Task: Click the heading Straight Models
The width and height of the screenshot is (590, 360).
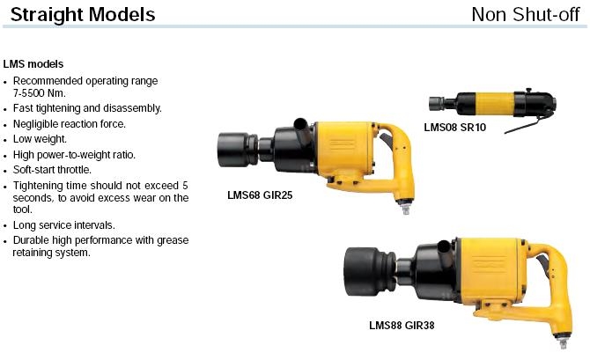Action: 83,15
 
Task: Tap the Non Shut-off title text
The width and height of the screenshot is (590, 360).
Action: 526,15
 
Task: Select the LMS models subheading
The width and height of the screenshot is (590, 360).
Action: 33,64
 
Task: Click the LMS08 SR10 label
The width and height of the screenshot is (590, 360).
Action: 455,128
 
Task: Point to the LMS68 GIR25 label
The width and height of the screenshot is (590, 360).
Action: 260,195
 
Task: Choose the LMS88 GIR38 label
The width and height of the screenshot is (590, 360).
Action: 402,325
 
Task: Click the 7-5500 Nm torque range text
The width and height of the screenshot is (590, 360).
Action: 39,93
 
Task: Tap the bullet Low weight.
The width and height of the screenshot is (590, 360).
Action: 40,139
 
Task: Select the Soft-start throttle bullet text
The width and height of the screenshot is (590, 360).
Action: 52,170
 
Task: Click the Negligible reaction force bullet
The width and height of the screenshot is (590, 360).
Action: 70,124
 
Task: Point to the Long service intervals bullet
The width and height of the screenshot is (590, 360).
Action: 64,225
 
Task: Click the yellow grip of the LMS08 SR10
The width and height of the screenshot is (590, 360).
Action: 495,104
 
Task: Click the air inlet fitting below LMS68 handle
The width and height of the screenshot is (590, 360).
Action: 405,208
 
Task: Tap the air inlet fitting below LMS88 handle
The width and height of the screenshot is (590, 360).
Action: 562,342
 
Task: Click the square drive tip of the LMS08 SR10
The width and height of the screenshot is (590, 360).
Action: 436,104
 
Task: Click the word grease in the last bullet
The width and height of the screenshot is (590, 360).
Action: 173,240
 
